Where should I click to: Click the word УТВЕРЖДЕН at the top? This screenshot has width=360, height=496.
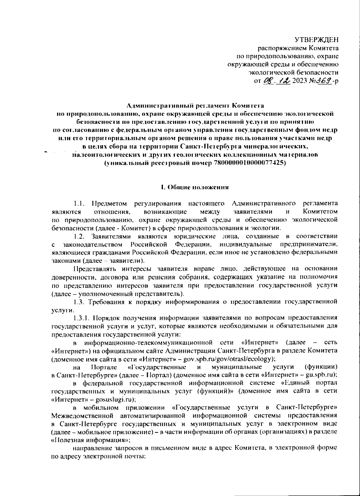point(316,40)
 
